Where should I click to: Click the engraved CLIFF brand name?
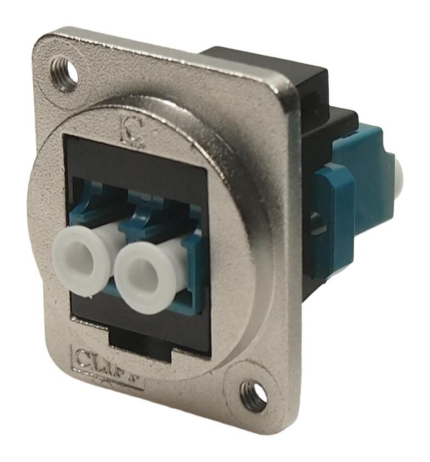tap(107, 367)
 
